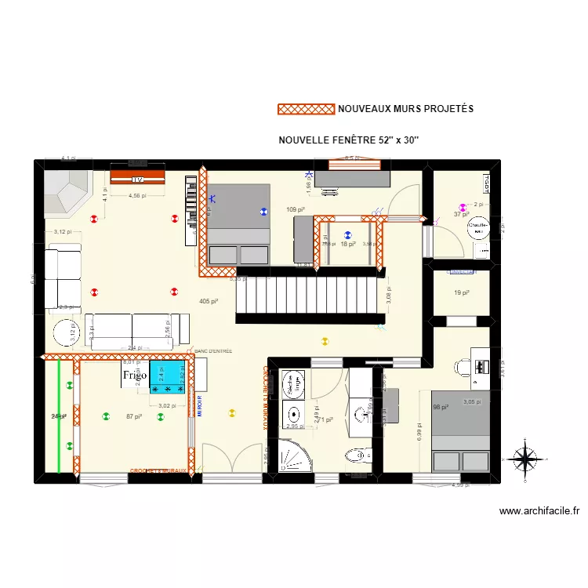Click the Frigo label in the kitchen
click(134, 376)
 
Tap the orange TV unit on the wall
click(137, 174)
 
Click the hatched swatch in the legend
click(306, 109)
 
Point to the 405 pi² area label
click(209, 301)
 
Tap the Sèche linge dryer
click(296, 383)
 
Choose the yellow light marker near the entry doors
click(231, 412)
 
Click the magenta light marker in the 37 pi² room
click(463, 209)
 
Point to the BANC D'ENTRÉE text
click(212, 351)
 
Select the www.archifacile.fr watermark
click(539, 511)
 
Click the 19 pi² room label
click(461, 292)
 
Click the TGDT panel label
click(461, 272)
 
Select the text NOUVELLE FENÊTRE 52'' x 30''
click(349, 140)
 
